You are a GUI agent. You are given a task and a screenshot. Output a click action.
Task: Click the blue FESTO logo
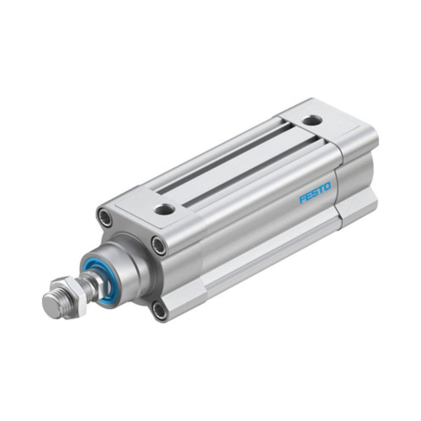315,192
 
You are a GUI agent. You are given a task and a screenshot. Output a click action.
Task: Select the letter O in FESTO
327,186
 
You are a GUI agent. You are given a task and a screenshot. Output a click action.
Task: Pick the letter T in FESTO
320,189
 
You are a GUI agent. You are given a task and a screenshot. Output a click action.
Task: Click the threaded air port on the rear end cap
311,120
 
